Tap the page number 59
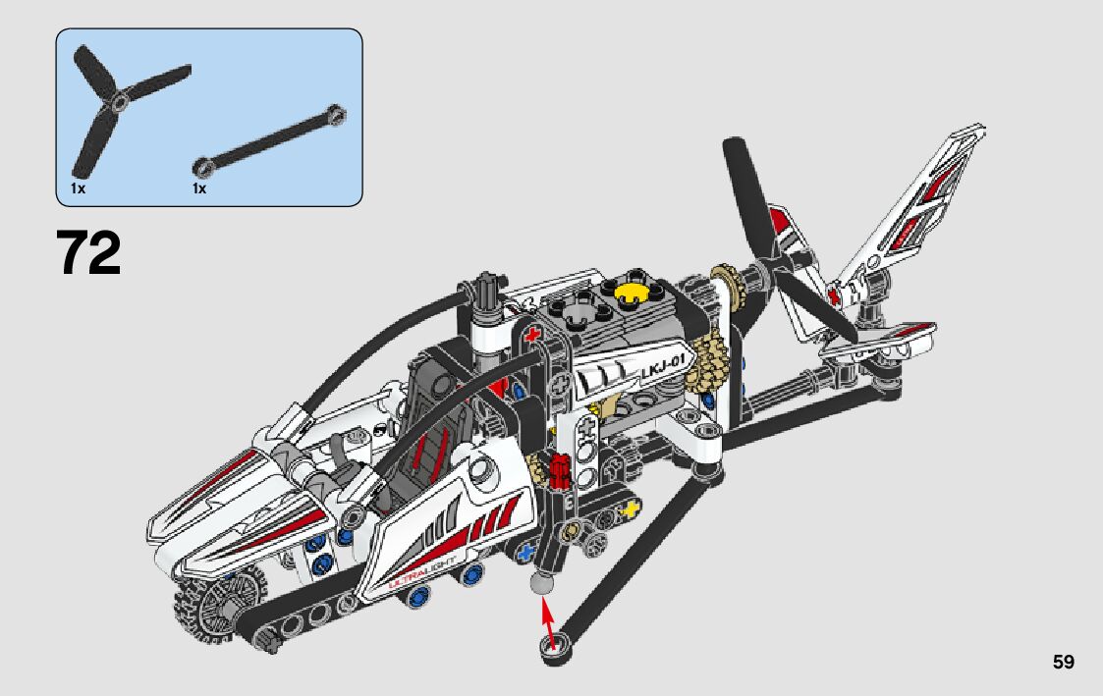[1064, 662]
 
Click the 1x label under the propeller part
[78, 188]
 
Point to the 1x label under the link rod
[199, 188]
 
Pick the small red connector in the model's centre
[560, 470]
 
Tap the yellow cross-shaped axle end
[631, 509]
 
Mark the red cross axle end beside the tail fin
[835, 294]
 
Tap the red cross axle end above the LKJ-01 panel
[533, 333]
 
